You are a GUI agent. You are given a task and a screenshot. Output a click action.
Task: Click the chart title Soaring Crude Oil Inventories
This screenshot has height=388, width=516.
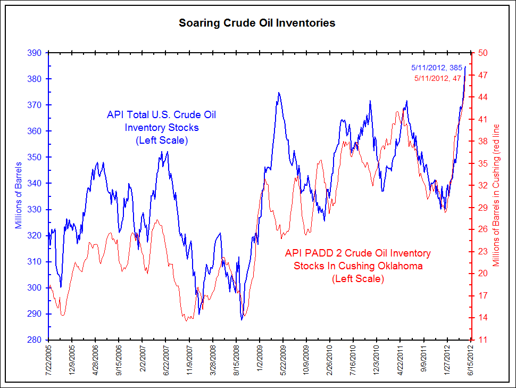pos(257,23)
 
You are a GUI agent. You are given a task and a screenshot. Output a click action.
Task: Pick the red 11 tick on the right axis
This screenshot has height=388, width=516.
pos(481,340)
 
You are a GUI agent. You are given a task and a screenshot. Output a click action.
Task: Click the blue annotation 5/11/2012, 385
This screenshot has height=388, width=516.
pos(436,68)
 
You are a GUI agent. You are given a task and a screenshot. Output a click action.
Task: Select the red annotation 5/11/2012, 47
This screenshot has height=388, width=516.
pos(437,78)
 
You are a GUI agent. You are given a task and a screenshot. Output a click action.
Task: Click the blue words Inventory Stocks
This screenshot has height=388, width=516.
pos(161,128)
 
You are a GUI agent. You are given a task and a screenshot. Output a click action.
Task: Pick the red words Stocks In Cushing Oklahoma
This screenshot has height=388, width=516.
pos(358,266)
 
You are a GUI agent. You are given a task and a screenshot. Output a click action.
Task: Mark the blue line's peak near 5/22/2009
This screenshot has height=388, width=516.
pos(278,93)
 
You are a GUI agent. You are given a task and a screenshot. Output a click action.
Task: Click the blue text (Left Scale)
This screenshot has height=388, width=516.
pos(161,141)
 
